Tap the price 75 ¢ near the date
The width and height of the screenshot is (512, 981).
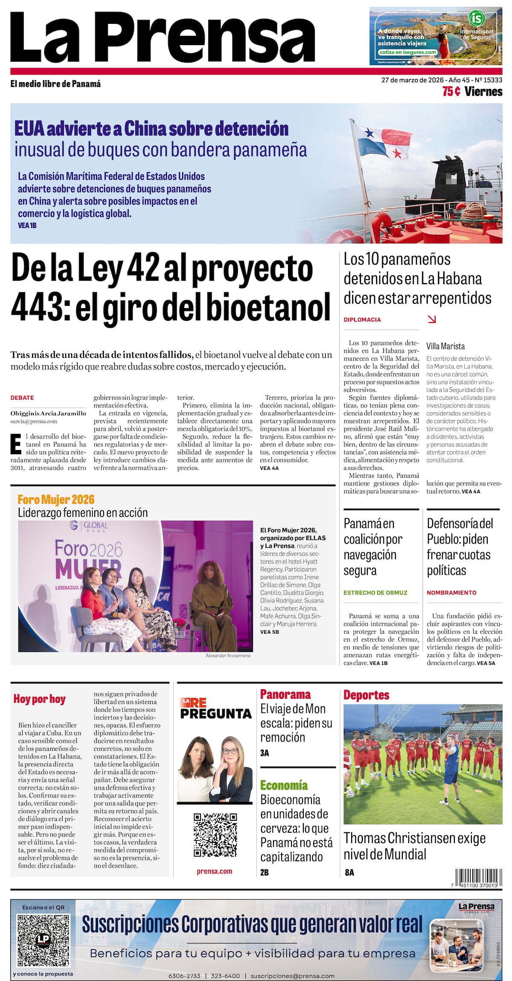451,92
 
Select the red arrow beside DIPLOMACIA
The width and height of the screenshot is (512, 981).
432,319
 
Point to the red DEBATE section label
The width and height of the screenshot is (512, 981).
22,398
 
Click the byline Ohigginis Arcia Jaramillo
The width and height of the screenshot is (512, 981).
48,413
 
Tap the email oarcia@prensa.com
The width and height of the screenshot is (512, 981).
34,421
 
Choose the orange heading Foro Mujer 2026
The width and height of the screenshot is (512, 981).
56,499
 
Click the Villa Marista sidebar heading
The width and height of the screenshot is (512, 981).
445,346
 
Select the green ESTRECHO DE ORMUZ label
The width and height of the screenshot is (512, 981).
375,592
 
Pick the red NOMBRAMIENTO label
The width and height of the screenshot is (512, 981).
451,592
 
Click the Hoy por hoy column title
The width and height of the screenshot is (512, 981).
39,699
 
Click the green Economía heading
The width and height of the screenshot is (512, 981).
284,785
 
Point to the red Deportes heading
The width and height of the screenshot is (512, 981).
367,695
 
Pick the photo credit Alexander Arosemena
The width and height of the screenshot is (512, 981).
228,655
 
